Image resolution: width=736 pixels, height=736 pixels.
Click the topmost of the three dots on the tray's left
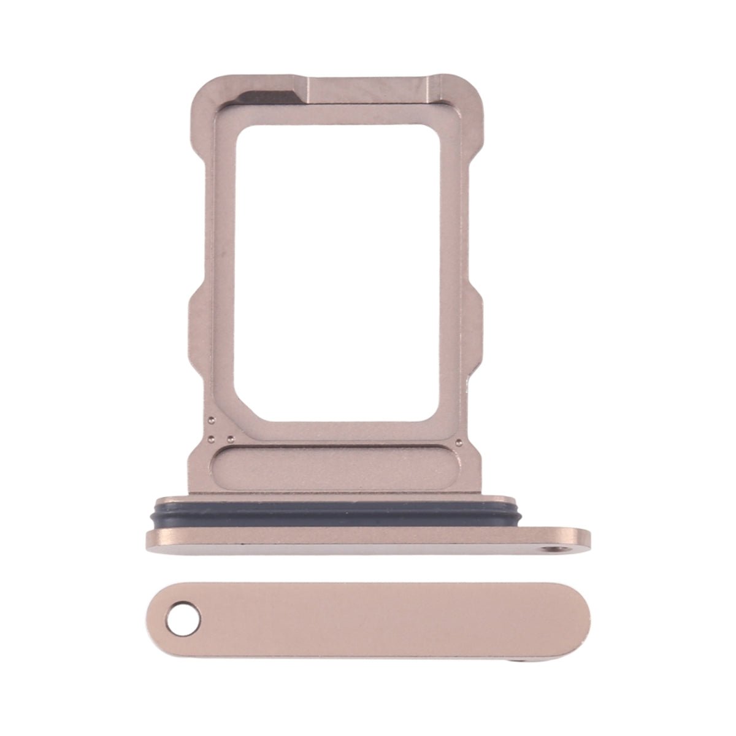[x=210, y=420]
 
